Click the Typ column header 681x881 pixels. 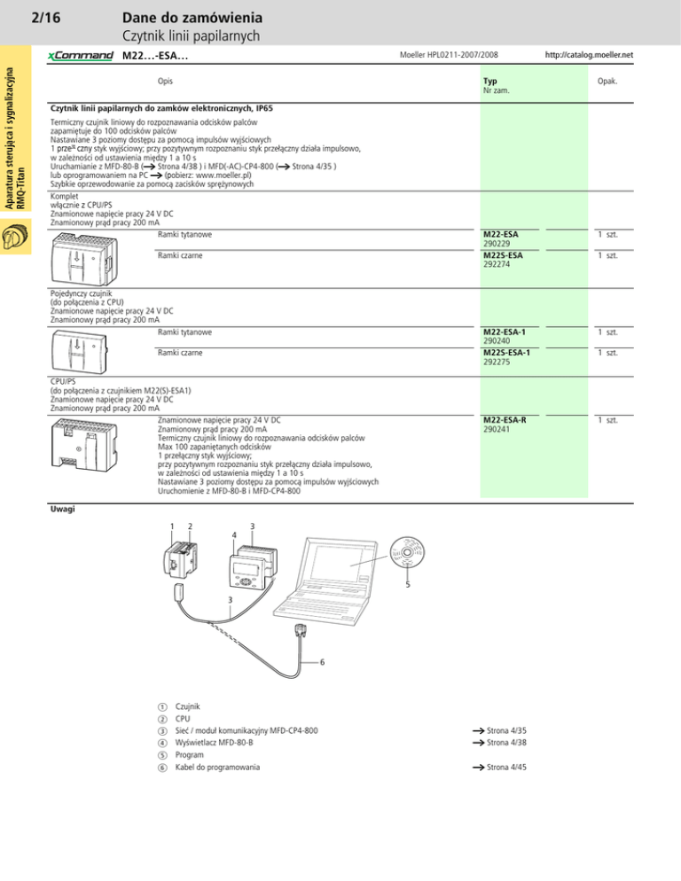click(489, 80)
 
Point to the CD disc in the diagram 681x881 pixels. click(408, 556)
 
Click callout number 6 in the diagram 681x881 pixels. click(322, 662)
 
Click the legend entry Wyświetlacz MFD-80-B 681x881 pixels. click(215, 743)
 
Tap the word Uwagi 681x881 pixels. click(62, 510)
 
